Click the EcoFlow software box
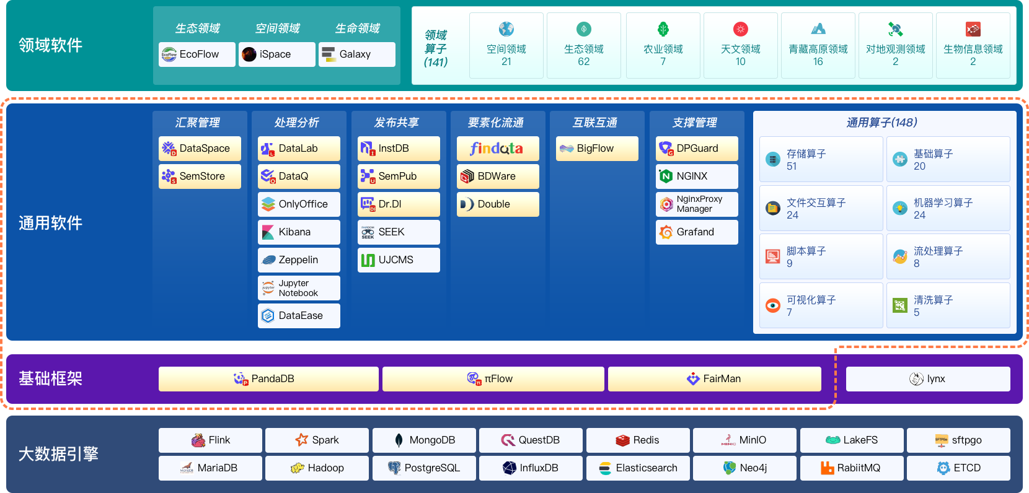(x=197, y=54)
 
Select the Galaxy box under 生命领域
(x=357, y=54)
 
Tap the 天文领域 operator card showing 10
(x=741, y=45)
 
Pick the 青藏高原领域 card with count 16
(x=818, y=45)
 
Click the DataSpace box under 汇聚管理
(x=200, y=148)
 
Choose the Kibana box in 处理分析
(x=299, y=232)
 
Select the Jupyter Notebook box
(x=299, y=288)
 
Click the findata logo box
(x=498, y=148)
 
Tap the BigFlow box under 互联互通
(x=597, y=148)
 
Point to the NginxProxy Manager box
(x=697, y=204)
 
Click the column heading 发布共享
(x=396, y=123)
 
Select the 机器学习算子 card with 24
(x=948, y=208)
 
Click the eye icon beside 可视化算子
(x=773, y=305)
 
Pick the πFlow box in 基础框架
(x=493, y=378)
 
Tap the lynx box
(x=928, y=378)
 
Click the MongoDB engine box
(x=424, y=440)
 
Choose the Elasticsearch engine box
(x=638, y=468)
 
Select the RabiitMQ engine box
(x=852, y=468)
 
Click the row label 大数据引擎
(x=58, y=454)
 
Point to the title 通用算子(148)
(x=881, y=123)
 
